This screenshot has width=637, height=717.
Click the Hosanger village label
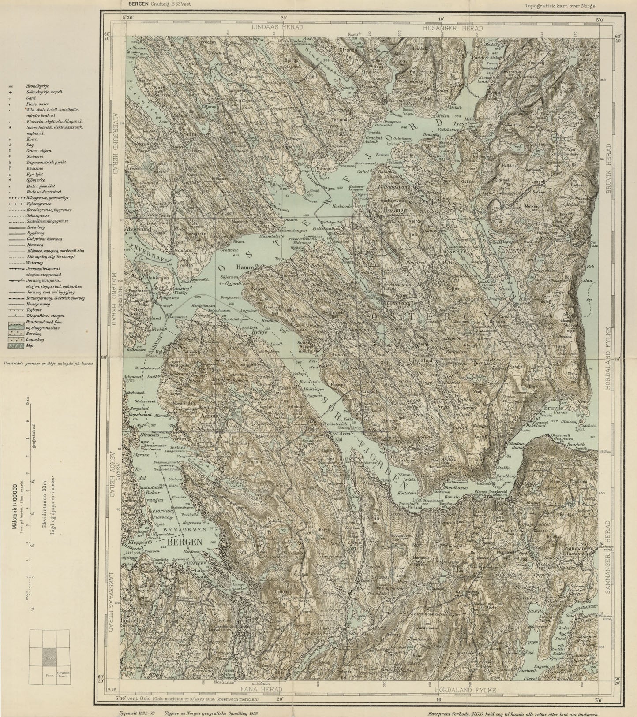(384, 211)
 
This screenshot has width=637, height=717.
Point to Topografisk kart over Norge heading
(560, 6)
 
